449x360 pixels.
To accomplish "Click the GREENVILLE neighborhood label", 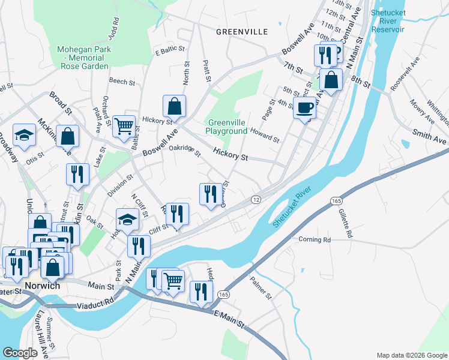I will coord(241,31).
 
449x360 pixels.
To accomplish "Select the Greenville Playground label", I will coord(226,127).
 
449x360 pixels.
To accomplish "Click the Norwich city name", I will coord(43,286).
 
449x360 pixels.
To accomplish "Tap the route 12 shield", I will coord(256,199).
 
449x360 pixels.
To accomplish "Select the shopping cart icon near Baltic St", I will coord(124,126).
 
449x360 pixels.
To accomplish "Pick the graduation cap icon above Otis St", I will coord(25,136).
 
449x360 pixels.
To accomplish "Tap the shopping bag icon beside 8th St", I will coord(331,79).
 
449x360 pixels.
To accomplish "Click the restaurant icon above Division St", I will coord(77,173).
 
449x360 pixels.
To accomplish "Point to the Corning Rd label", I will coord(315,239).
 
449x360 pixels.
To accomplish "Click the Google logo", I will coord(20,353).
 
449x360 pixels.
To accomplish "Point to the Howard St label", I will coord(265,135).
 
